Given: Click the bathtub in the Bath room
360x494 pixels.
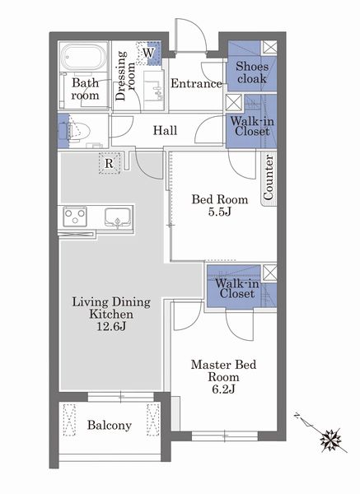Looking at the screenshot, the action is (x=83, y=57).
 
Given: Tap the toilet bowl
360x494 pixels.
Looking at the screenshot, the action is (x=78, y=130).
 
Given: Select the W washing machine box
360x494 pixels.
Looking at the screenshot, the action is (x=148, y=53).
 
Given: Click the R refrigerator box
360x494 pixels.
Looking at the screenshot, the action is (x=109, y=163).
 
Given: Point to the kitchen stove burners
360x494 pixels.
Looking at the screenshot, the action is (x=75, y=217).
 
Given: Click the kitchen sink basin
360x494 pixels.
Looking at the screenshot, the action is (x=118, y=217).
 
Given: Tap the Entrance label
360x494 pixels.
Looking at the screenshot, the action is (x=196, y=83).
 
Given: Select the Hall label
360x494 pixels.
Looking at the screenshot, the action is (x=165, y=130).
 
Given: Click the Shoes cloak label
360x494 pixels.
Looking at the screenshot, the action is (x=252, y=72).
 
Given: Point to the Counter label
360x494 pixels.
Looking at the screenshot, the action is (x=268, y=177).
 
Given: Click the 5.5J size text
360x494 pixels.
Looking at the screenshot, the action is (x=220, y=212).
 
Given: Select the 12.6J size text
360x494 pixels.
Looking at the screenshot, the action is (x=111, y=326).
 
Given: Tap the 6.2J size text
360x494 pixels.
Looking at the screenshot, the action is (x=223, y=389).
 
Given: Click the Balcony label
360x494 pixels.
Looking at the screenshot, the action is (x=110, y=426).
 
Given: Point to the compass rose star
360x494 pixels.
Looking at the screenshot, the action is (x=330, y=439).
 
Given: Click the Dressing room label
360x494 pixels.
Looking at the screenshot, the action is (x=125, y=76).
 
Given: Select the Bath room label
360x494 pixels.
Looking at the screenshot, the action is (x=85, y=89).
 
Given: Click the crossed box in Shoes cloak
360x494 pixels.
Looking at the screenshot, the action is (x=269, y=47).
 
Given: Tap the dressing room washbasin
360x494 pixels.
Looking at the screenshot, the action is (x=154, y=86).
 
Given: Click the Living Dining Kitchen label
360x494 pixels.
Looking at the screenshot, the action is (x=111, y=308).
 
